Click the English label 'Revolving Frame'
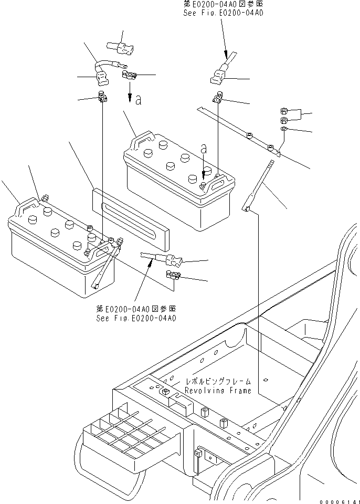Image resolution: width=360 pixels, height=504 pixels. [218, 391]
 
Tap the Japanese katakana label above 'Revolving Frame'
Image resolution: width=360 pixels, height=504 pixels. [218, 382]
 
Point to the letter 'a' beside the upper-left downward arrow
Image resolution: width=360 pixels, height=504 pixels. [138, 100]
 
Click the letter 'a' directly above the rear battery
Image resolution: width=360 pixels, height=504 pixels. [204, 150]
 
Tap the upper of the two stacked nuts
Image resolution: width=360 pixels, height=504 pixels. [282, 111]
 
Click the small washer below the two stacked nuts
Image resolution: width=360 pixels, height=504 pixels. [283, 129]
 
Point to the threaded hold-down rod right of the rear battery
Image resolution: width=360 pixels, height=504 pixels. [260, 186]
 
